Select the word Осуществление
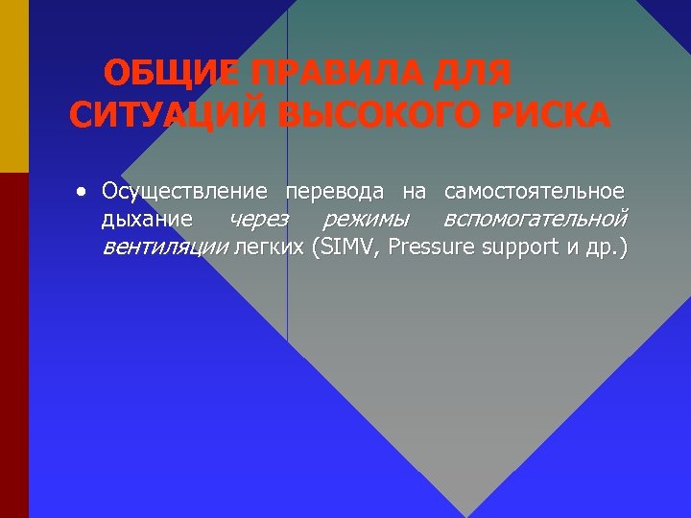pos(183,192)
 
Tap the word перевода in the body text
pos(335,192)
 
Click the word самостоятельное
pos(535,192)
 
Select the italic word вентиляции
pos(165,247)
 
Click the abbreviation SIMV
pos(345,247)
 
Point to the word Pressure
pos(432,247)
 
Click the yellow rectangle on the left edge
pos(14,86)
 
